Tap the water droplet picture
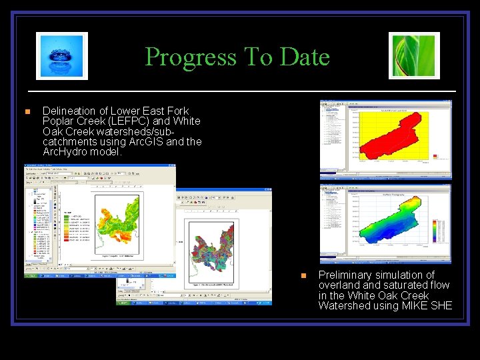[62, 56]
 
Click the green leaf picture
[414, 56]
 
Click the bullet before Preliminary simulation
[303, 275]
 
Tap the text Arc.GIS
[147, 141]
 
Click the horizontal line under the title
[241, 90]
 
